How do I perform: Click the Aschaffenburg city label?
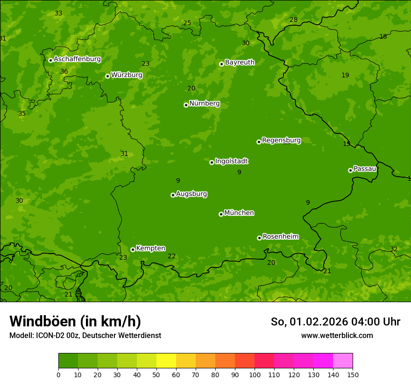click(x=77, y=59)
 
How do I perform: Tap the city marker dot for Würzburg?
click(x=107, y=76)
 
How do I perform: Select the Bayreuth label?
click(x=240, y=62)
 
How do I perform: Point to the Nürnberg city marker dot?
click(x=186, y=105)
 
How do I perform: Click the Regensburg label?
click(x=281, y=140)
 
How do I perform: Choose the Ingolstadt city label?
click(x=231, y=161)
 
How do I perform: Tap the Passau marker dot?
click(x=350, y=170)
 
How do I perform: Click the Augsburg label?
click(x=191, y=193)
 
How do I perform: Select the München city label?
click(x=239, y=213)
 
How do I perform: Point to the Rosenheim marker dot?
click(x=259, y=238)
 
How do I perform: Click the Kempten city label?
click(x=150, y=248)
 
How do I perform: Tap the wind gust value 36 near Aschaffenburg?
click(x=64, y=71)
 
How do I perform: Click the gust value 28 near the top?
click(x=293, y=20)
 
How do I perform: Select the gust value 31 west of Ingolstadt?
click(x=124, y=153)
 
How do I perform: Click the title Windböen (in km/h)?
click(x=75, y=321)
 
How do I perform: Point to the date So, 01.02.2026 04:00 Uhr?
click(x=335, y=322)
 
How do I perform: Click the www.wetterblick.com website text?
click(x=337, y=335)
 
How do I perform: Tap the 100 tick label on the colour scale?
click(x=255, y=374)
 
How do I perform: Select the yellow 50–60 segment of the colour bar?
click(x=166, y=361)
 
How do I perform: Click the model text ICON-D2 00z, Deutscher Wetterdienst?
click(x=85, y=335)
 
